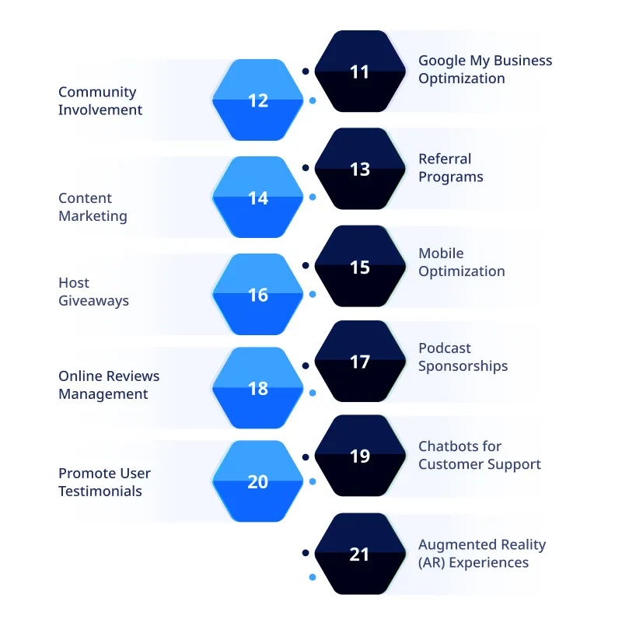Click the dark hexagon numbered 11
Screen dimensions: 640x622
(359, 72)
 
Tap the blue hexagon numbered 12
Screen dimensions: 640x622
(257, 100)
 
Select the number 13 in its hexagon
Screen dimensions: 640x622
(359, 169)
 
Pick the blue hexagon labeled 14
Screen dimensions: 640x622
(257, 198)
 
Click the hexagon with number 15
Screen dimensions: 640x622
(359, 267)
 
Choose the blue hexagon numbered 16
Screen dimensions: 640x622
(257, 295)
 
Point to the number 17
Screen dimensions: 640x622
(359, 362)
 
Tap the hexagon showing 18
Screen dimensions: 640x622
(257, 388)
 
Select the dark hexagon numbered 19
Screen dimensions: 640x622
(359, 456)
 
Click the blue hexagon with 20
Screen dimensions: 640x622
(257, 481)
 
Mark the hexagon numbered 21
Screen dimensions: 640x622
(359, 554)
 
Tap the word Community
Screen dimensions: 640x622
(97, 92)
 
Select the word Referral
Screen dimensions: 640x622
(445, 159)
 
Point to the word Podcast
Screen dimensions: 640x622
(445, 348)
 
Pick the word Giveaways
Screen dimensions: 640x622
(93, 301)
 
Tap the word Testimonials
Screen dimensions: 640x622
(100, 491)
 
